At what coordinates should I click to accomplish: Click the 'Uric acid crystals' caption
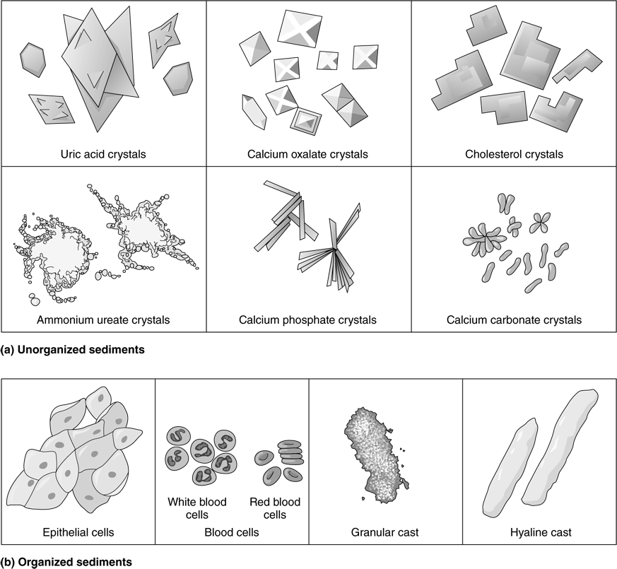point(103,154)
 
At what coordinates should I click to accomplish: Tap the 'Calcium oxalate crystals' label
point(307,154)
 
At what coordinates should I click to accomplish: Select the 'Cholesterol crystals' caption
point(514,154)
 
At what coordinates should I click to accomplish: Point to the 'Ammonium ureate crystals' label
point(103,320)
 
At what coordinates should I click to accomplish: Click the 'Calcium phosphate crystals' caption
point(307,320)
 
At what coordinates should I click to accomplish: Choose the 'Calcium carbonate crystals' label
point(514,320)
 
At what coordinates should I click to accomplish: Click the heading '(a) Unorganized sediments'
point(72,349)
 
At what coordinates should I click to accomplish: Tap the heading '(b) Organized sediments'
point(66,562)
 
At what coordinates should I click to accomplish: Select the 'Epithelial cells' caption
point(78,532)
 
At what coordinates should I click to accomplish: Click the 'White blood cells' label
point(196,508)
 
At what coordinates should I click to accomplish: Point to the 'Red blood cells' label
point(275,508)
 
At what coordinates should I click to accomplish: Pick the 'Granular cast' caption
point(385,532)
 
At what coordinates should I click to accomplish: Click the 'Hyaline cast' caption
point(541,532)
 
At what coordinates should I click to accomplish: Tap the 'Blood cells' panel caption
point(232,532)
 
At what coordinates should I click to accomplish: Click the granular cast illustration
point(375,454)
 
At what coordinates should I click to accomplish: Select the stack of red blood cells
point(290,452)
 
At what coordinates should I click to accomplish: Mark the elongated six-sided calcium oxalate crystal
point(254,112)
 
